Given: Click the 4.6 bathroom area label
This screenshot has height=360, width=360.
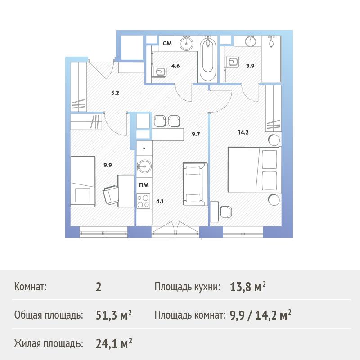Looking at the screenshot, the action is click(175, 66).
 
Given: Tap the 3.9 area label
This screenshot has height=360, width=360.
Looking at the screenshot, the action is click(250, 66).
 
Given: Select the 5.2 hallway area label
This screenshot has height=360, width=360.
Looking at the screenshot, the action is click(115, 93).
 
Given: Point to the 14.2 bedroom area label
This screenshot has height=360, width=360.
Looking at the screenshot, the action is click(243, 132).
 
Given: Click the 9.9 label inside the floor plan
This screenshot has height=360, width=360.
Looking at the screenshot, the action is click(108, 165).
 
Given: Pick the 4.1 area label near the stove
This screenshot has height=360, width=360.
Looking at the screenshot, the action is click(160, 202).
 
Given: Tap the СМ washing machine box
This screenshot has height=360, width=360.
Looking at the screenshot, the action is click(167, 43).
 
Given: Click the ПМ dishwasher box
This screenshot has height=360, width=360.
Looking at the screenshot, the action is click(144, 185).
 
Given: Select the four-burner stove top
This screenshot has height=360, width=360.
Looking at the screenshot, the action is click(143, 201).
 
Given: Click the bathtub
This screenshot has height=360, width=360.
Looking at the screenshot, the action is click(207, 59).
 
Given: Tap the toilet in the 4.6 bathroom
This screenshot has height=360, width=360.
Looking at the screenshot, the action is click(160, 72).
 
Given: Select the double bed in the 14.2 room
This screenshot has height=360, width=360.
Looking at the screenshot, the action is click(254, 170).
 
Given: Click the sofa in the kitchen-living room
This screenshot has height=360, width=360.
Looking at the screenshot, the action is click(195, 184).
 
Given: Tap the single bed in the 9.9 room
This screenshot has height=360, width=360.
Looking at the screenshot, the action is click(83, 182).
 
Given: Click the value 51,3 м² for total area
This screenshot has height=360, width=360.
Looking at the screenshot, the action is click(114, 315).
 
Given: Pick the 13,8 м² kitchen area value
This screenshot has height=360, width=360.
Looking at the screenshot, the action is click(248, 287).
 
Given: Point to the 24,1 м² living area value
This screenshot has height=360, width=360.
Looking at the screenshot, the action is click(114, 343).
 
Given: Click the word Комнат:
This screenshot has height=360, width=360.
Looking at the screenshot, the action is click(30, 287).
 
